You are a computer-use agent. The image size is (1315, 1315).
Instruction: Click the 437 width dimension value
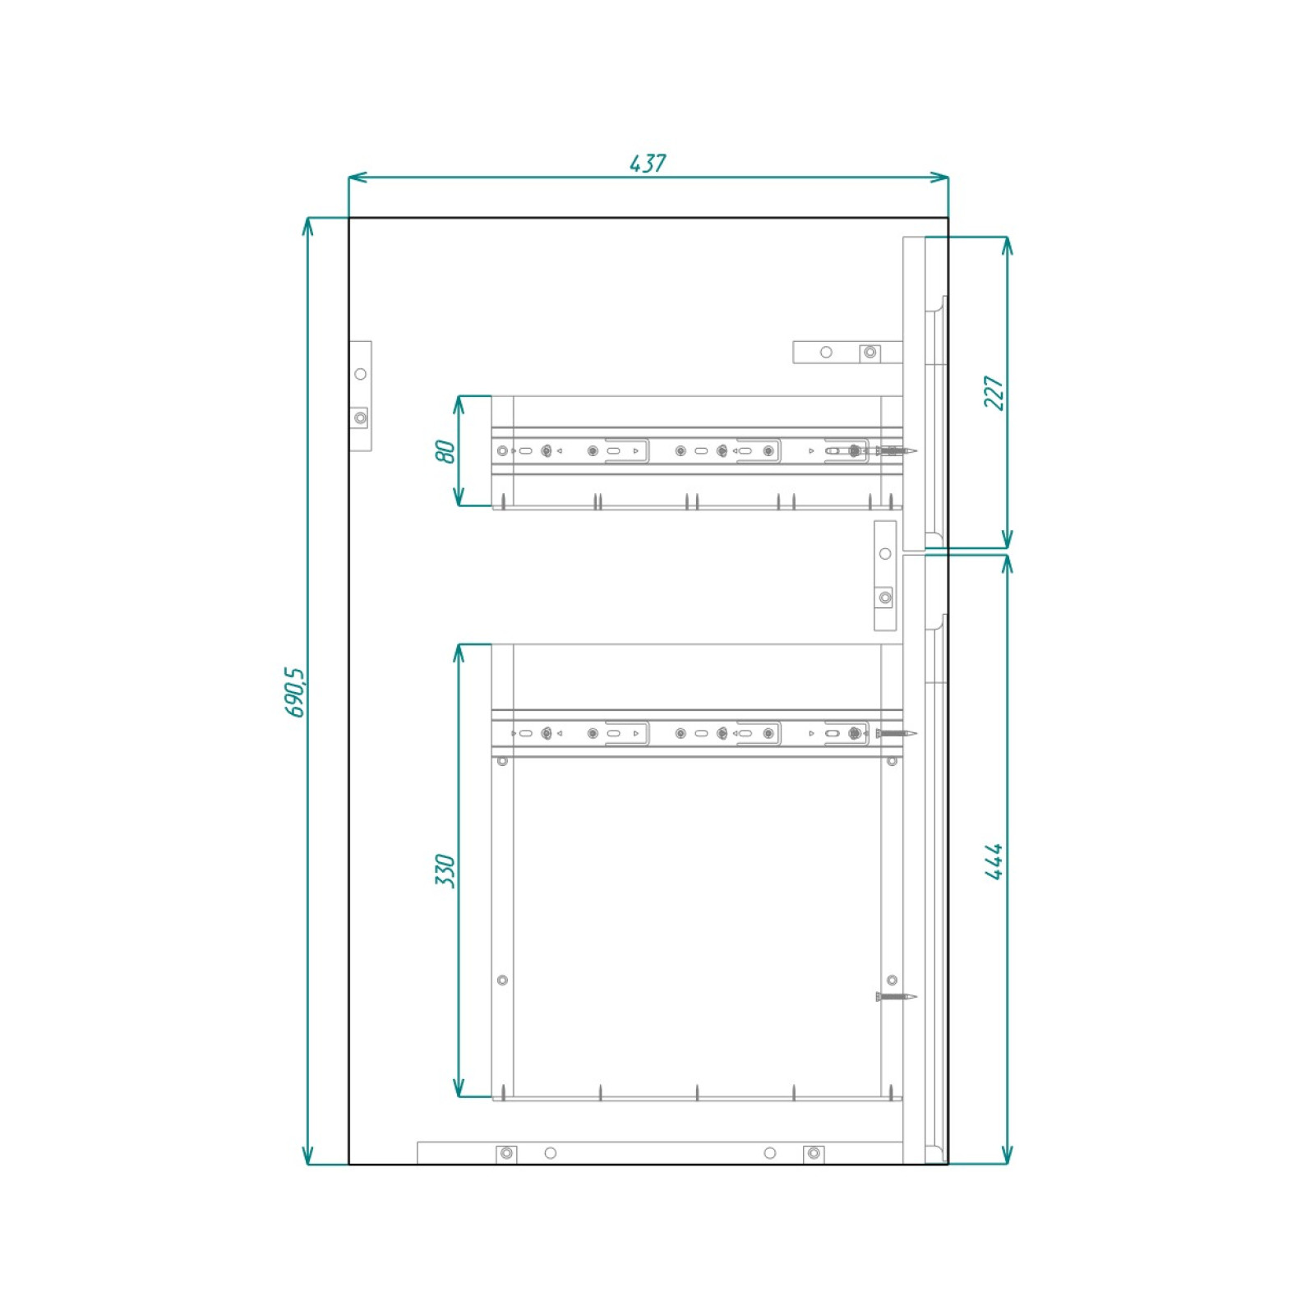coord(648,163)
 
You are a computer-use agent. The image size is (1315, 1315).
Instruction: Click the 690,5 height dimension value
coord(295,692)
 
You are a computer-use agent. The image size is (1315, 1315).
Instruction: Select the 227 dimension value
coord(994,393)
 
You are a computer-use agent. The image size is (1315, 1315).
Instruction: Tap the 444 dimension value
coord(994,861)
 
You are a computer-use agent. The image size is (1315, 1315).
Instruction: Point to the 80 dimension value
coord(445,451)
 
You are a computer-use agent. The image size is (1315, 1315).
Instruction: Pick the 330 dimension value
coord(445,870)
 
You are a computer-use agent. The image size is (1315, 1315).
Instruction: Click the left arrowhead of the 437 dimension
coord(358,177)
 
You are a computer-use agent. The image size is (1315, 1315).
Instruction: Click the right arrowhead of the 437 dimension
coord(939,177)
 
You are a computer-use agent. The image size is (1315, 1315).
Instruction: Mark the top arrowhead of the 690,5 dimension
coord(308,227)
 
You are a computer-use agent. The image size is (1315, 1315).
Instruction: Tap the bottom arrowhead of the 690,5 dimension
coord(308,1155)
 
